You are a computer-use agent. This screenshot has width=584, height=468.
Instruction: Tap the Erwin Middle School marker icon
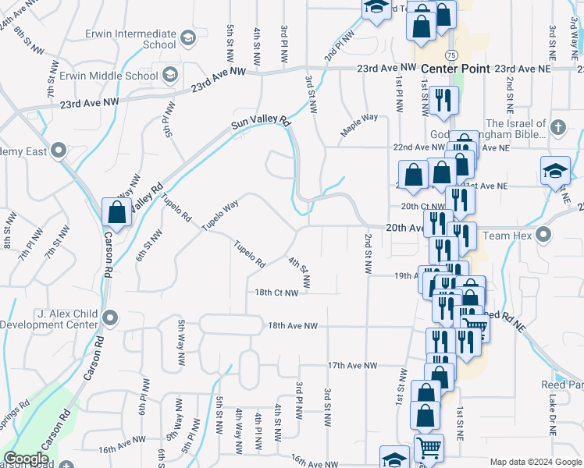pos(170,75)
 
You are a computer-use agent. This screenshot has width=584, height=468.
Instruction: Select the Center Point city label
pos(455,69)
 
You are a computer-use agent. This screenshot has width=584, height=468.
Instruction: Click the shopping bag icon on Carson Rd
pos(116,212)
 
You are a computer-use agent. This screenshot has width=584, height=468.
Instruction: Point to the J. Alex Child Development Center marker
pos(110,317)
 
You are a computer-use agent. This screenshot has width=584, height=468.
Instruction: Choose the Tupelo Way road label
pos(219,215)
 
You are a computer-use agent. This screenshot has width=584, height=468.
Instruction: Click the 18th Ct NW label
pos(276,293)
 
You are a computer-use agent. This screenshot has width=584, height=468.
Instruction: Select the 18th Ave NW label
pos(294,326)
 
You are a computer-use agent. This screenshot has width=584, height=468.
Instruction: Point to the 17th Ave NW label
pos(352,365)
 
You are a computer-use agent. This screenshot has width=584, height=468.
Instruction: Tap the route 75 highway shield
pos(451,55)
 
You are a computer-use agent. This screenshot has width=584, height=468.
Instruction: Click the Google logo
pos(26,459)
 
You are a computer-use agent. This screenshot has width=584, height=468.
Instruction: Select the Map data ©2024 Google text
pos(535,462)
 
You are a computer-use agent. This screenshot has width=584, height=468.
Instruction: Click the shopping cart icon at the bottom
pos(429,448)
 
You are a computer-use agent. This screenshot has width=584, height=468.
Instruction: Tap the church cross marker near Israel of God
pos(558,127)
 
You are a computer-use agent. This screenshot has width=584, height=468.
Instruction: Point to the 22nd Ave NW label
pos(418,147)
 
